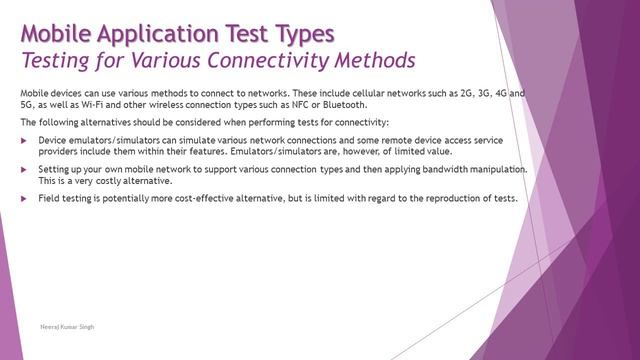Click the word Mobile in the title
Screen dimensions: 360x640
(58, 33)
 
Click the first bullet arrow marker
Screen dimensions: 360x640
(24, 139)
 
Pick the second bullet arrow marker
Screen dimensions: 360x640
(24, 170)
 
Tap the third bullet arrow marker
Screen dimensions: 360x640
(24, 198)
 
